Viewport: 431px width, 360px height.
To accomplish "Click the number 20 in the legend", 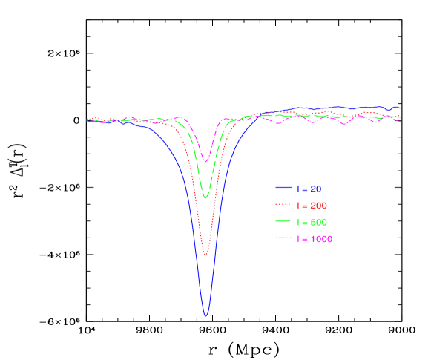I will point(315,189).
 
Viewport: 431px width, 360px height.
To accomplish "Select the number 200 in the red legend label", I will point(318,206).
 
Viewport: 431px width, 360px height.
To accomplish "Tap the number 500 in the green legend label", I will point(318,223).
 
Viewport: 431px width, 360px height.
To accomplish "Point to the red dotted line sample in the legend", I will point(283,205).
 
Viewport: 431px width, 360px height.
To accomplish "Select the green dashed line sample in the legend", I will point(283,222).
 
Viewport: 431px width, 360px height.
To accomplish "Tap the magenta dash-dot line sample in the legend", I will point(283,238).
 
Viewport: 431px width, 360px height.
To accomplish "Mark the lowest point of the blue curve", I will point(205,316).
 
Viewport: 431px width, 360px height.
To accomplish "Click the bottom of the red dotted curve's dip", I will point(205,255).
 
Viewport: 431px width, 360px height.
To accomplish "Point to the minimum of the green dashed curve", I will point(205,197).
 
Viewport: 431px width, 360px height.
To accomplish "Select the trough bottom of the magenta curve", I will point(205,161).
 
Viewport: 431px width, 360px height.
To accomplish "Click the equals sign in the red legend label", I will point(303,206).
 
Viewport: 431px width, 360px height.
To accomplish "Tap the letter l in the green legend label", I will point(297,223).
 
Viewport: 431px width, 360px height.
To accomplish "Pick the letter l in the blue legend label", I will point(297,189).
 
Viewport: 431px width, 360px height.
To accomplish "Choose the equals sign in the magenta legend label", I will point(303,239).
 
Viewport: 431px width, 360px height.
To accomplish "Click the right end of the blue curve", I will point(401,109).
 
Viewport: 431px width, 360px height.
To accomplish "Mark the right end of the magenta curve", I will point(401,122).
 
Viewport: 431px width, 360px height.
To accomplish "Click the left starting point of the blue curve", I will point(87,121).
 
